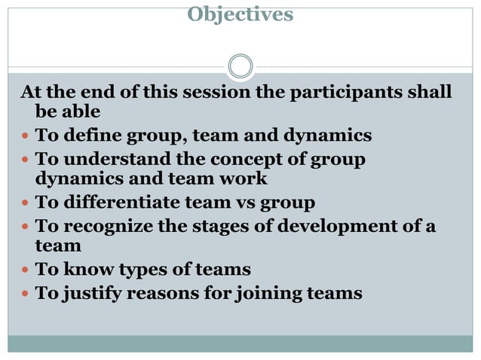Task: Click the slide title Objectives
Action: pos(240,14)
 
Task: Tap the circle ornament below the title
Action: pos(240,67)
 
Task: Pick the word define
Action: pos(89,136)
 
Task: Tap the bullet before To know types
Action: pos(25,270)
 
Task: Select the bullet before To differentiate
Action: pos(25,203)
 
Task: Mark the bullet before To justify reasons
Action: pos(25,293)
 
